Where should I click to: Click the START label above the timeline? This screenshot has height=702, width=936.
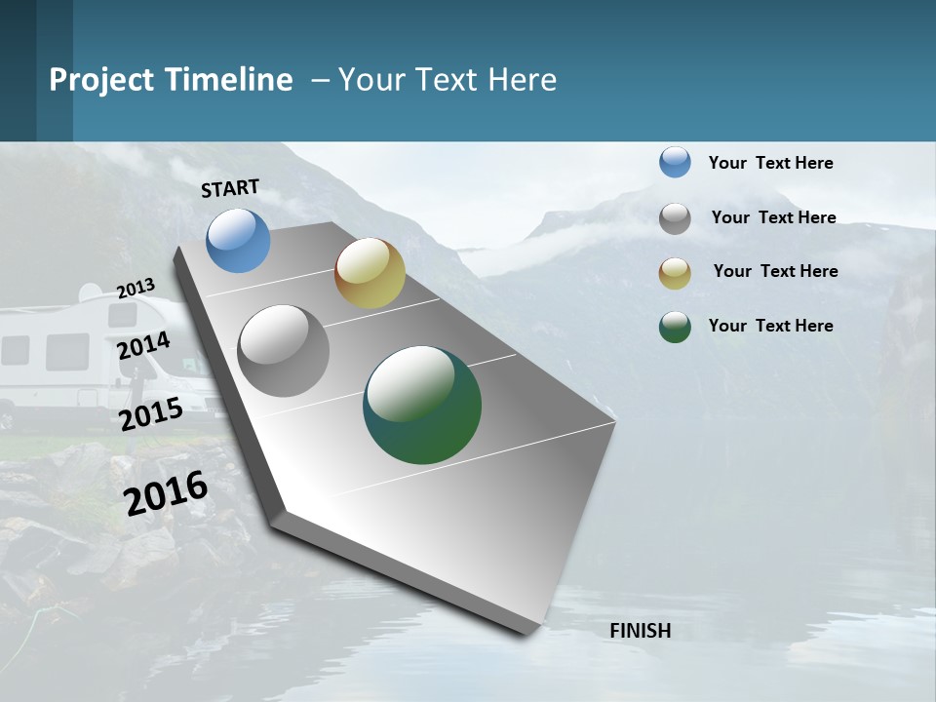[230, 188]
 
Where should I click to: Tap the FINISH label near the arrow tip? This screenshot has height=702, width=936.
[640, 631]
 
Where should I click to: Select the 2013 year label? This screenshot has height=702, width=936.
[136, 289]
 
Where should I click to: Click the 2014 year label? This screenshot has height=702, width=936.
[143, 345]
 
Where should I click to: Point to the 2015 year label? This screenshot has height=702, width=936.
[150, 414]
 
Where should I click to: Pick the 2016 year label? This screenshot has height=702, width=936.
[166, 493]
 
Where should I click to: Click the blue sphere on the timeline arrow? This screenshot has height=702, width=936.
[238, 240]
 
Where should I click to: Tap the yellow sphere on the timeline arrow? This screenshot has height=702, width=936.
[370, 273]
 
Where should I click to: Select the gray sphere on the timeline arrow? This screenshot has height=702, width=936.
[283, 351]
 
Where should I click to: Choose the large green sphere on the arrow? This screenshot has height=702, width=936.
[422, 405]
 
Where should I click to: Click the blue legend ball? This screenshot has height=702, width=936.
[675, 162]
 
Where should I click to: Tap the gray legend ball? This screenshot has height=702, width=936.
[675, 218]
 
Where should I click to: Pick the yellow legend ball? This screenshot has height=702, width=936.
[675, 273]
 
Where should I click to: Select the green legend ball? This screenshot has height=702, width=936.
[675, 327]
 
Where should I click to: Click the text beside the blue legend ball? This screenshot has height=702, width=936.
[770, 163]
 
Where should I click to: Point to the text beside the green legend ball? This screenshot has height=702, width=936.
[770, 326]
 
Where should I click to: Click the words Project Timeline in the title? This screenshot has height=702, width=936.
[171, 80]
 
